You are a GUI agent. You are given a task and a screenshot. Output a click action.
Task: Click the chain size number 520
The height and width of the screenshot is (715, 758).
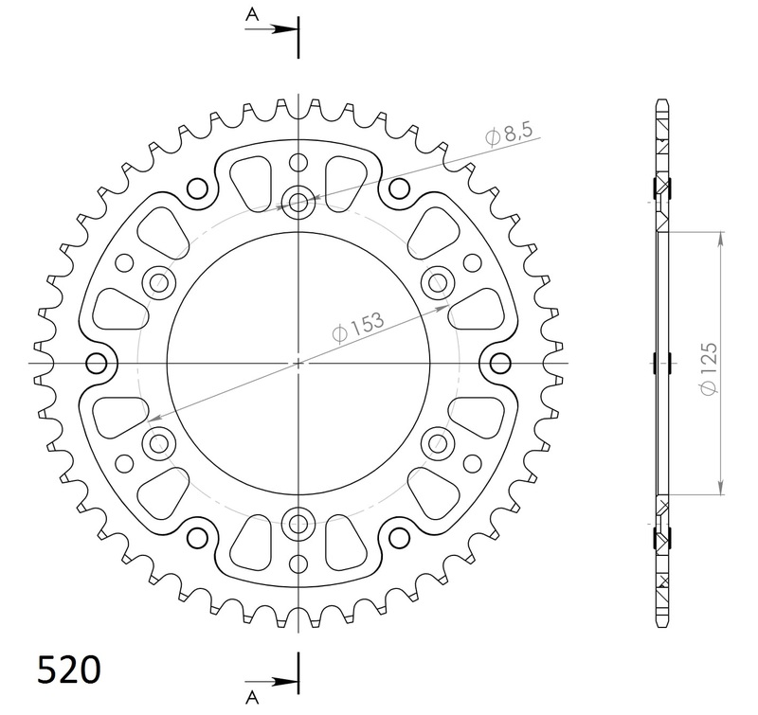(x=69, y=670)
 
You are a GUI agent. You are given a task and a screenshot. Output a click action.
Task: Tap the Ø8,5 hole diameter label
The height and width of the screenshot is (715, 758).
(x=508, y=134)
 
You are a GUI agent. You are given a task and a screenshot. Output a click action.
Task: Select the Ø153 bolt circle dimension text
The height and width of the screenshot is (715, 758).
(x=357, y=327)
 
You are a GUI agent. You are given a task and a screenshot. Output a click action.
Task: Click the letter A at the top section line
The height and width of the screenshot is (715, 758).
(x=253, y=13)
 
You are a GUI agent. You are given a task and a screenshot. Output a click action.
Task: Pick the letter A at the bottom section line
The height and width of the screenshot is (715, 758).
(x=253, y=698)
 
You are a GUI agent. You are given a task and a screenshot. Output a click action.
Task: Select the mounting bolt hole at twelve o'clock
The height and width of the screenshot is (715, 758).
(x=299, y=201)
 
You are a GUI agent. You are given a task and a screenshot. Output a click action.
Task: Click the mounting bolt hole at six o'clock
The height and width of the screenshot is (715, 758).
(x=299, y=523)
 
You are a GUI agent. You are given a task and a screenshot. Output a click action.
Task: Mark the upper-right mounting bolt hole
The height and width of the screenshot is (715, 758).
(x=439, y=281)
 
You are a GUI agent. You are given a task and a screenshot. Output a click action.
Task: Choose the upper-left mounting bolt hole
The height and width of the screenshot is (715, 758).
(x=158, y=281)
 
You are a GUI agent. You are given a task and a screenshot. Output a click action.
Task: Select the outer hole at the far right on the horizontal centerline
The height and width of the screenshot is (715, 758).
(x=500, y=363)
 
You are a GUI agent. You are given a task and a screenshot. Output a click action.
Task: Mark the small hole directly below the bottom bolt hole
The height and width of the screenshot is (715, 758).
(x=299, y=564)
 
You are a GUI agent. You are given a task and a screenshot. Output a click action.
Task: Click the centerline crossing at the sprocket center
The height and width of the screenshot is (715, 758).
(x=299, y=363)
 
